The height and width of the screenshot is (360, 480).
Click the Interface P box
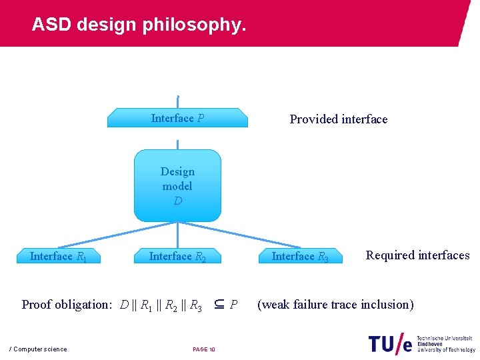click(x=177, y=118)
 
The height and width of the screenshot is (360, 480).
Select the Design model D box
click(x=177, y=185)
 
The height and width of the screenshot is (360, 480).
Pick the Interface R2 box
click(x=177, y=256)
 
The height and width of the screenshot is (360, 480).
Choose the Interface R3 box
click(x=300, y=256)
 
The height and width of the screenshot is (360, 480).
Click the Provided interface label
click(x=338, y=119)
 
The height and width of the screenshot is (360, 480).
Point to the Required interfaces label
click(x=417, y=255)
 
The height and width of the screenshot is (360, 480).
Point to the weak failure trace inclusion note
click(x=335, y=305)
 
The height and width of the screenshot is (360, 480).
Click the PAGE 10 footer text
click(x=204, y=349)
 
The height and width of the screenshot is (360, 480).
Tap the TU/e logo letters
click(x=389, y=343)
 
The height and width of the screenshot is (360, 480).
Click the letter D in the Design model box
click(x=177, y=201)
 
